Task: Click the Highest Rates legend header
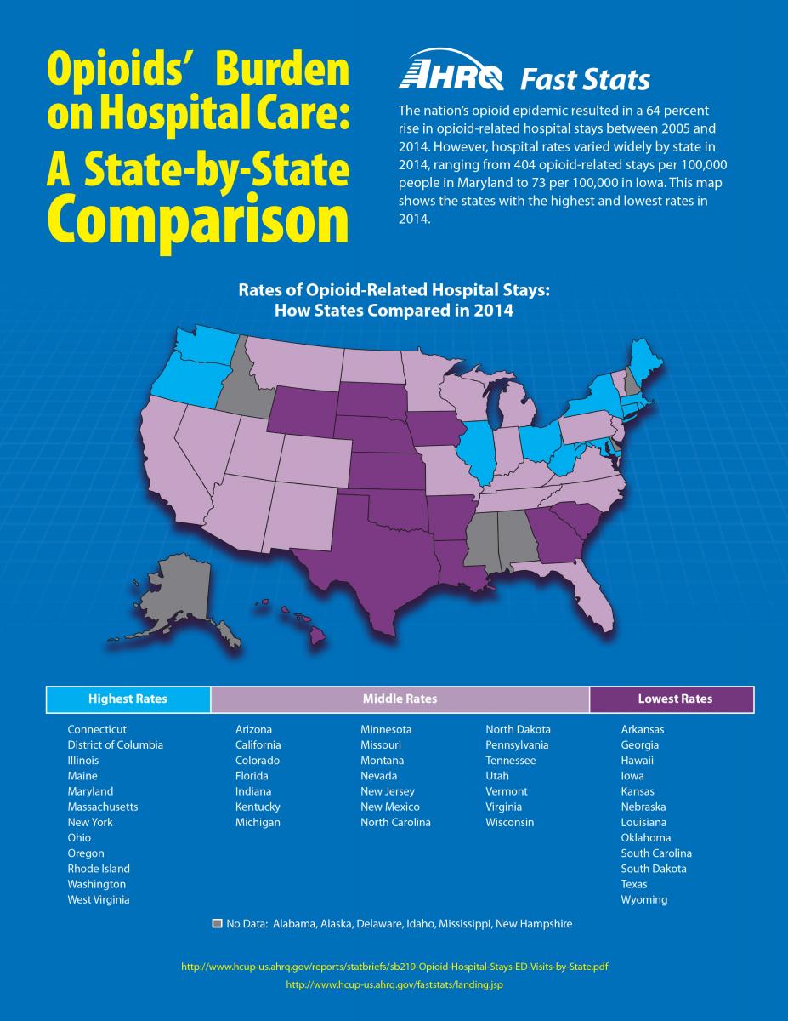(x=128, y=699)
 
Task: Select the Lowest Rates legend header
(x=675, y=699)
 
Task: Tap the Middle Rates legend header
(x=400, y=699)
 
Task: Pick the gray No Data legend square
(x=218, y=923)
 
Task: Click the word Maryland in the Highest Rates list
(x=90, y=791)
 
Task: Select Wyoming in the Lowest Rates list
(x=644, y=899)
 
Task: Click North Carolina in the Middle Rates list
(x=395, y=822)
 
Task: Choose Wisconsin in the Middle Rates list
(x=510, y=822)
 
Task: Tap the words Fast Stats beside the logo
(x=585, y=81)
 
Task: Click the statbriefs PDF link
(x=394, y=967)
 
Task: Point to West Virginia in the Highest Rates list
(x=99, y=899)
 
